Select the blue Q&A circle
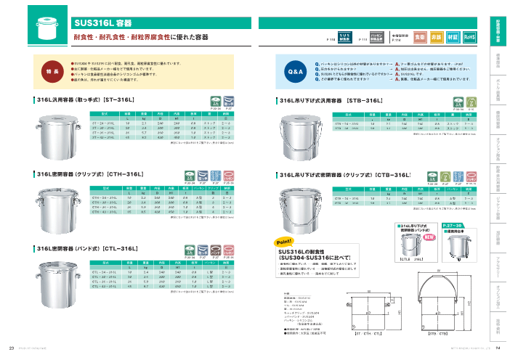tap(296, 73)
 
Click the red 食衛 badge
tap(420, 36)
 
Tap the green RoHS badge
tap(469, 36)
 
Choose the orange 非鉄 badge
tap(437, 36)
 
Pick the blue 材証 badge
tap(453, 36)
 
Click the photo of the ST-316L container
tap(60, 121)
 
